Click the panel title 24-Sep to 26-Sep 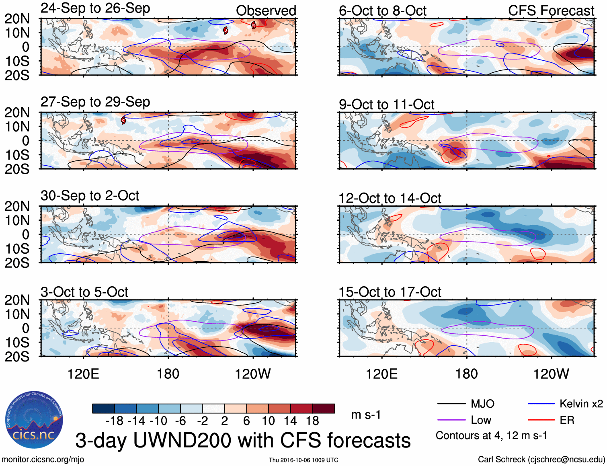(95, 8)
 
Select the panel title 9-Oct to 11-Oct (386, 105)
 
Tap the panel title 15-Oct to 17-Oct (390, 292)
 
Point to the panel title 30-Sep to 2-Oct (90, 196)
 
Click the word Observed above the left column (266, 11)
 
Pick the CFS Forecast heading (551, 11)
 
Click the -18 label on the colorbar (114, 421)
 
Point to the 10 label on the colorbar (268, 421)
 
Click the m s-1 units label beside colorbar (366, 415)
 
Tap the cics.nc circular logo (34, 420)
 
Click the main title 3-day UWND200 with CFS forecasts (243, 441)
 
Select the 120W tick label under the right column (551, 374)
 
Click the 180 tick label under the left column (168, 374)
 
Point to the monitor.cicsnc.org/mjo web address (43, 460)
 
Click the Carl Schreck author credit (541, 460)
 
